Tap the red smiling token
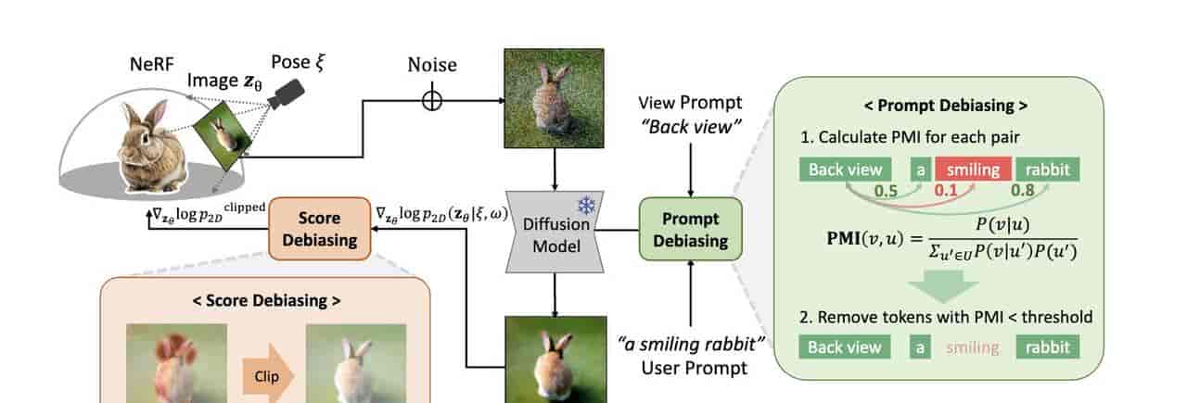(971, 170)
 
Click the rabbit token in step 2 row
(1048, 347)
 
